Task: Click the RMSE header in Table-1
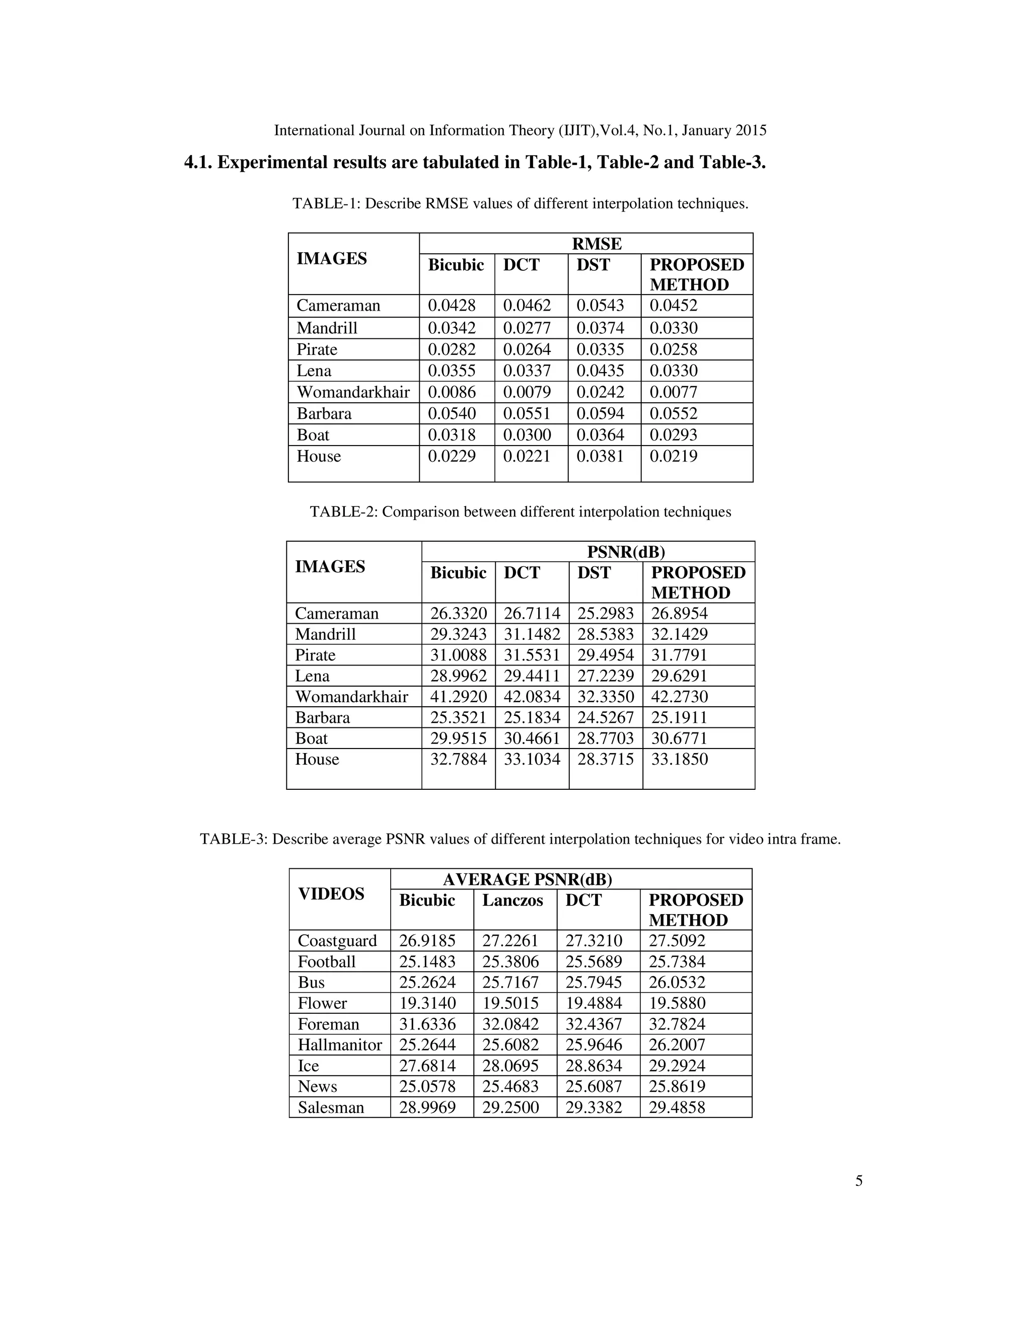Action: click(x=596, y=244)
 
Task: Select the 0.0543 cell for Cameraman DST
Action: click(x=601, y=306)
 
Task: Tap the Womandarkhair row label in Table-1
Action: click(x=353, y=392)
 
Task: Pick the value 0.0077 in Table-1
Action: click(x=673, y=392)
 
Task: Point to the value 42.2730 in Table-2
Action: click(x=679, y=696)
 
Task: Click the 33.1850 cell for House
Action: click(x=679, y=759)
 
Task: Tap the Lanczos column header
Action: click(x=512, y=901)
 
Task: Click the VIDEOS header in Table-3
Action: click(x=331, y=894)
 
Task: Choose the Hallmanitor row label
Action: click(x=340, y=1045)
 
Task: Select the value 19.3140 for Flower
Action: click(x=427, y=1004)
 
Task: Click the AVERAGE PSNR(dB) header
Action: click(x=527, y=879)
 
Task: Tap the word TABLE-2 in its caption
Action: click(x=343, y=512)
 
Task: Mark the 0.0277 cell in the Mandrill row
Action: click(x=527, y=328)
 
